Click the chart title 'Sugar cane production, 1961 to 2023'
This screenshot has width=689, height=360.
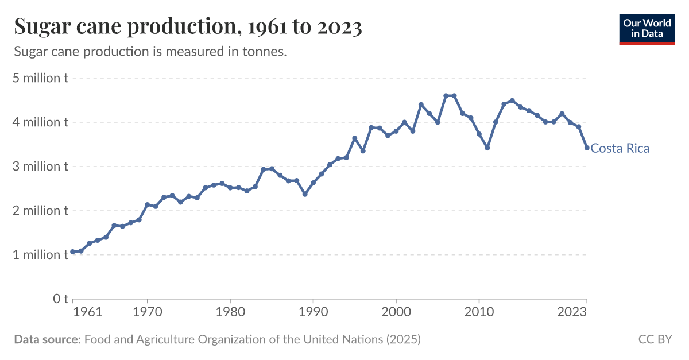pyautogui.click(x=188, y=27)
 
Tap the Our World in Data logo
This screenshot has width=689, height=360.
pyautogui.click(x=647, y=28)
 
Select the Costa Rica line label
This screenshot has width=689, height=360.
pyautogui.click(x=620, y=149)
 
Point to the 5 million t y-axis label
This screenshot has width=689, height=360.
pyautogui.click(x=40, y=78)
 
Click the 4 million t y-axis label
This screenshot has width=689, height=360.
pyautogui.click(x=40, y=122)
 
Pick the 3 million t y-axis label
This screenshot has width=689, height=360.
pyautogui.click(x=40, y=167)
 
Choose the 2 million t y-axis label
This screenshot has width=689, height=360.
pyautogui.click(x=40, y=211)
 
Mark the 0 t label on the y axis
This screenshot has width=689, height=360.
pyautogui.click(x=61, y=299)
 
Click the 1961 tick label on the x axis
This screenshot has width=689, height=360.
pyautogui.click(x=88, y=312)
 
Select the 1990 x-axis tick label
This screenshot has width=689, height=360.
pyautogui.click(x=313, y=312)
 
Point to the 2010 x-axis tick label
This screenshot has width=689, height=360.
pyautogui.click(x=479, y=312)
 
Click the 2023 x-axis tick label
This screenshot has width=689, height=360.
pyautogui.click(x=572, y=312)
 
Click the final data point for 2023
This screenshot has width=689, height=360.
pyautogui.click(x=587, y=148)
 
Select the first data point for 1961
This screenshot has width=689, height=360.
pyautogui.click(x=72, y=251)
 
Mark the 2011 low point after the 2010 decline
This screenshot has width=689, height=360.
pyautogui.click(x=487, y=148)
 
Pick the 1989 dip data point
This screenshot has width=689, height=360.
pyautogui.click(x=305, y=194)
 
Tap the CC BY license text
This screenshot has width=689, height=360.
pyautogui.click(x=655, y=339)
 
